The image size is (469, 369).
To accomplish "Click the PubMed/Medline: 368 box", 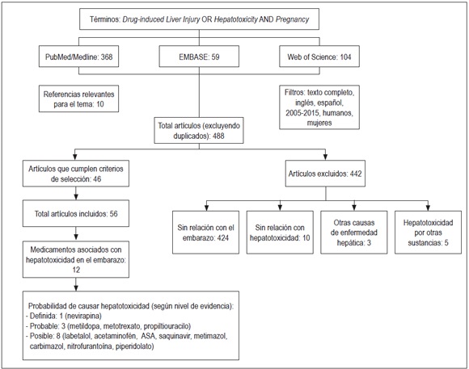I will [78, 58].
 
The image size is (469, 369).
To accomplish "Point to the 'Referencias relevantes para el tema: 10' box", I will [79, 99].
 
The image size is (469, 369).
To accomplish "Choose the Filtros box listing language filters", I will [319, 107].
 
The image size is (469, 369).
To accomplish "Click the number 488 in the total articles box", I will [223, 137].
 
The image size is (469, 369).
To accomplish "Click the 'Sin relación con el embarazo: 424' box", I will [206, 232].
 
